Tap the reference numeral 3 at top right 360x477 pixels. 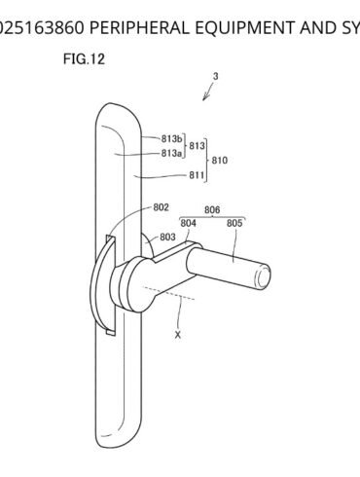coord(215,76)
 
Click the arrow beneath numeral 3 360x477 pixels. coord(206,92)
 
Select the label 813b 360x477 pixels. coord(173,139)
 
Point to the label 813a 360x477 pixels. coord(173,153)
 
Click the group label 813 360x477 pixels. coord(198,146)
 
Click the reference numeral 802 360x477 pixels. coord(161,207)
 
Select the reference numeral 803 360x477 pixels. coord(168,237)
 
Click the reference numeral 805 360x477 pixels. coord(234,223)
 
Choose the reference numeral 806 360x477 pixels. coord(212,208)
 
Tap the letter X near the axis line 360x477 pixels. coord(178,334)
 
